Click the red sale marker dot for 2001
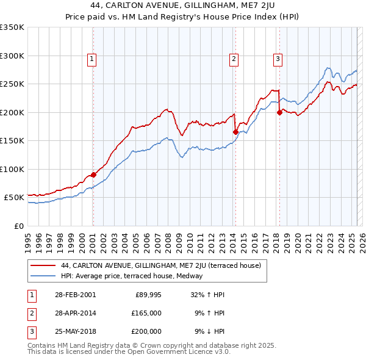click(x=93, y=175)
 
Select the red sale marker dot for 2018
click(x=279, y=112)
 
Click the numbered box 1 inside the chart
click(x=91, y=59)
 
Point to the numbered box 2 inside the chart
click(x=234, y=59)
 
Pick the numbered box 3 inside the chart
click(x=278, y=59)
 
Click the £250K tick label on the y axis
click(x=12, y=84)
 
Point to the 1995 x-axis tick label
click(x=27, y=238)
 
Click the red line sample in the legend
click(x=44, y=265)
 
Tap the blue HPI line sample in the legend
click(x=44, y=276)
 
